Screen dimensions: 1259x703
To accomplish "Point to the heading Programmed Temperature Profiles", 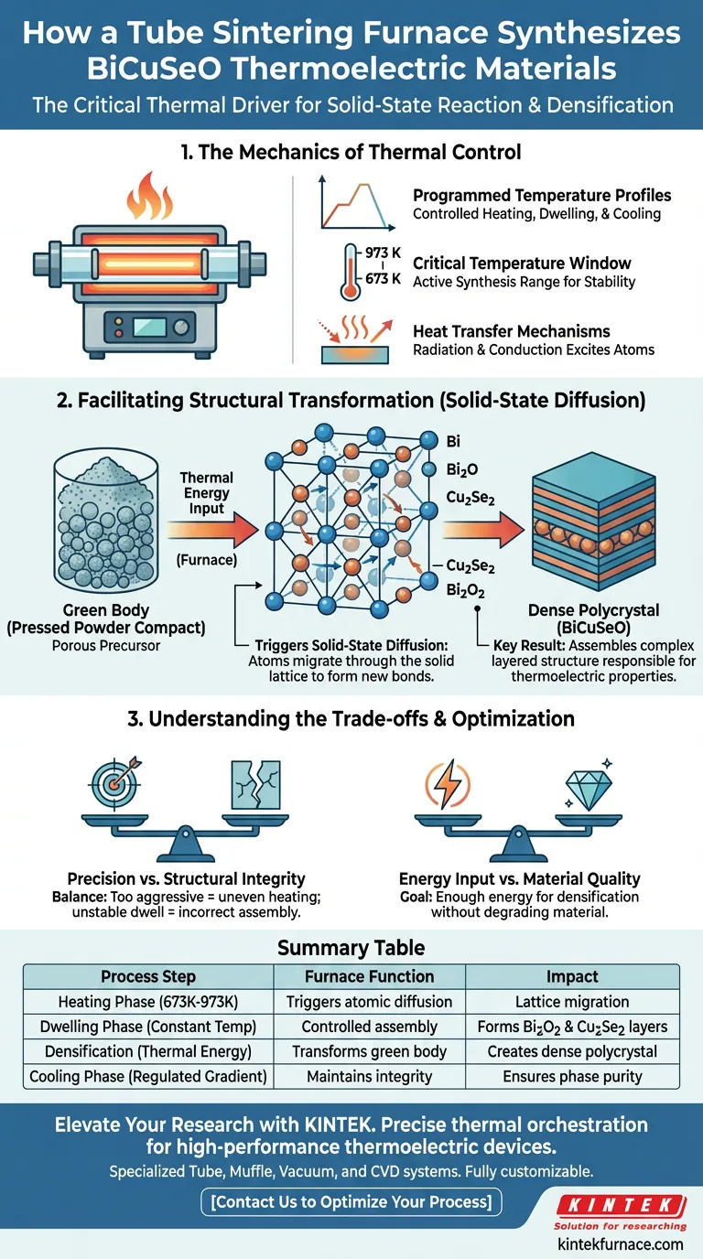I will (542, 195).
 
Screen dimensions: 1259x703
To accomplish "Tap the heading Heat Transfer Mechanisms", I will (511, 331).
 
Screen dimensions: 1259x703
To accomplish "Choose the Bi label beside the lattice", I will (453, 440).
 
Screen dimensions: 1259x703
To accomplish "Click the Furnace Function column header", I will (370, 976).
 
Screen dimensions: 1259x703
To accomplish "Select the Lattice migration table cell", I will (572, 1002).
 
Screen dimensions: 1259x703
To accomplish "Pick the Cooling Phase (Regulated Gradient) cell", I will (149, 1077).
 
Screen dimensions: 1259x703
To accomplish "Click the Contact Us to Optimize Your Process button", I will (351, 1201).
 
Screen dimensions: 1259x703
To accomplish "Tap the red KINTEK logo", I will (620, 1205).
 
